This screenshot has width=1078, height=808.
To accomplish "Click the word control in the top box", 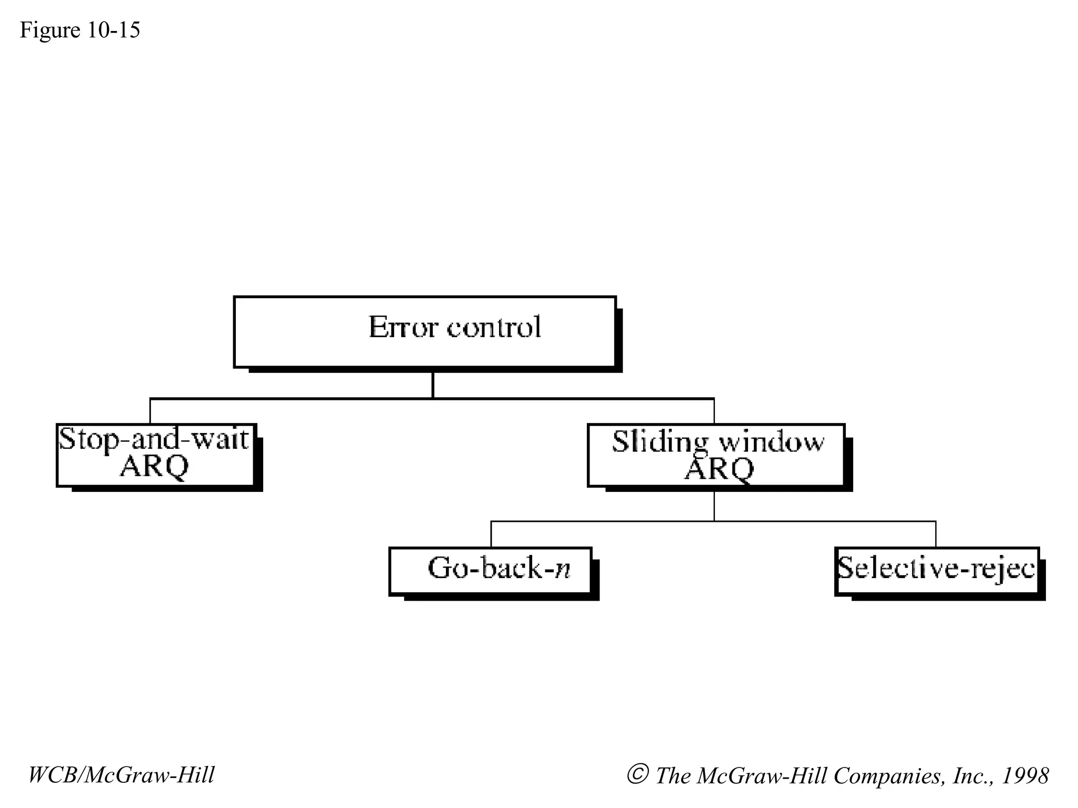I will pyautogui.click(x=494, y=327).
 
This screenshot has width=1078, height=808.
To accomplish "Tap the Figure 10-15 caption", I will pyautogui.click(x=80, y=30).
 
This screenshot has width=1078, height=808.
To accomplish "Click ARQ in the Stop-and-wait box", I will pyautogui.click(x=154, y=467).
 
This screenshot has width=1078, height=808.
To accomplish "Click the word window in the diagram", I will pyautogui.click(x=772, y=442).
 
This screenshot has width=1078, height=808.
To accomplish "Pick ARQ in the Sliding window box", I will pyautogui.click(x=719, y=469).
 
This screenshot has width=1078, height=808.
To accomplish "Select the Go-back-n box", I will pyautogui.click(x=491, y=571).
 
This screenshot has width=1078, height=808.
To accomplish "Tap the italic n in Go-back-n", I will pyautogui.click(x=563, y=569).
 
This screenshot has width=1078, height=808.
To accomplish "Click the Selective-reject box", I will pyautogui.click(x=937, y=571).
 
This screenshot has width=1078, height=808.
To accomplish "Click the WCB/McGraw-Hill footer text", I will pyautogui.click(x=121, y=775).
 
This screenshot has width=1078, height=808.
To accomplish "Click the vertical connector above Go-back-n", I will pyautogui.click(x=491, y=534).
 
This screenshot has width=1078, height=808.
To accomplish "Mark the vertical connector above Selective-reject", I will pyautogui.click(x=936, y=534).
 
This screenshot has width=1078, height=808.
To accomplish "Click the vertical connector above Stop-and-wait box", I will pyautogui.click(x=150, y=411).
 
